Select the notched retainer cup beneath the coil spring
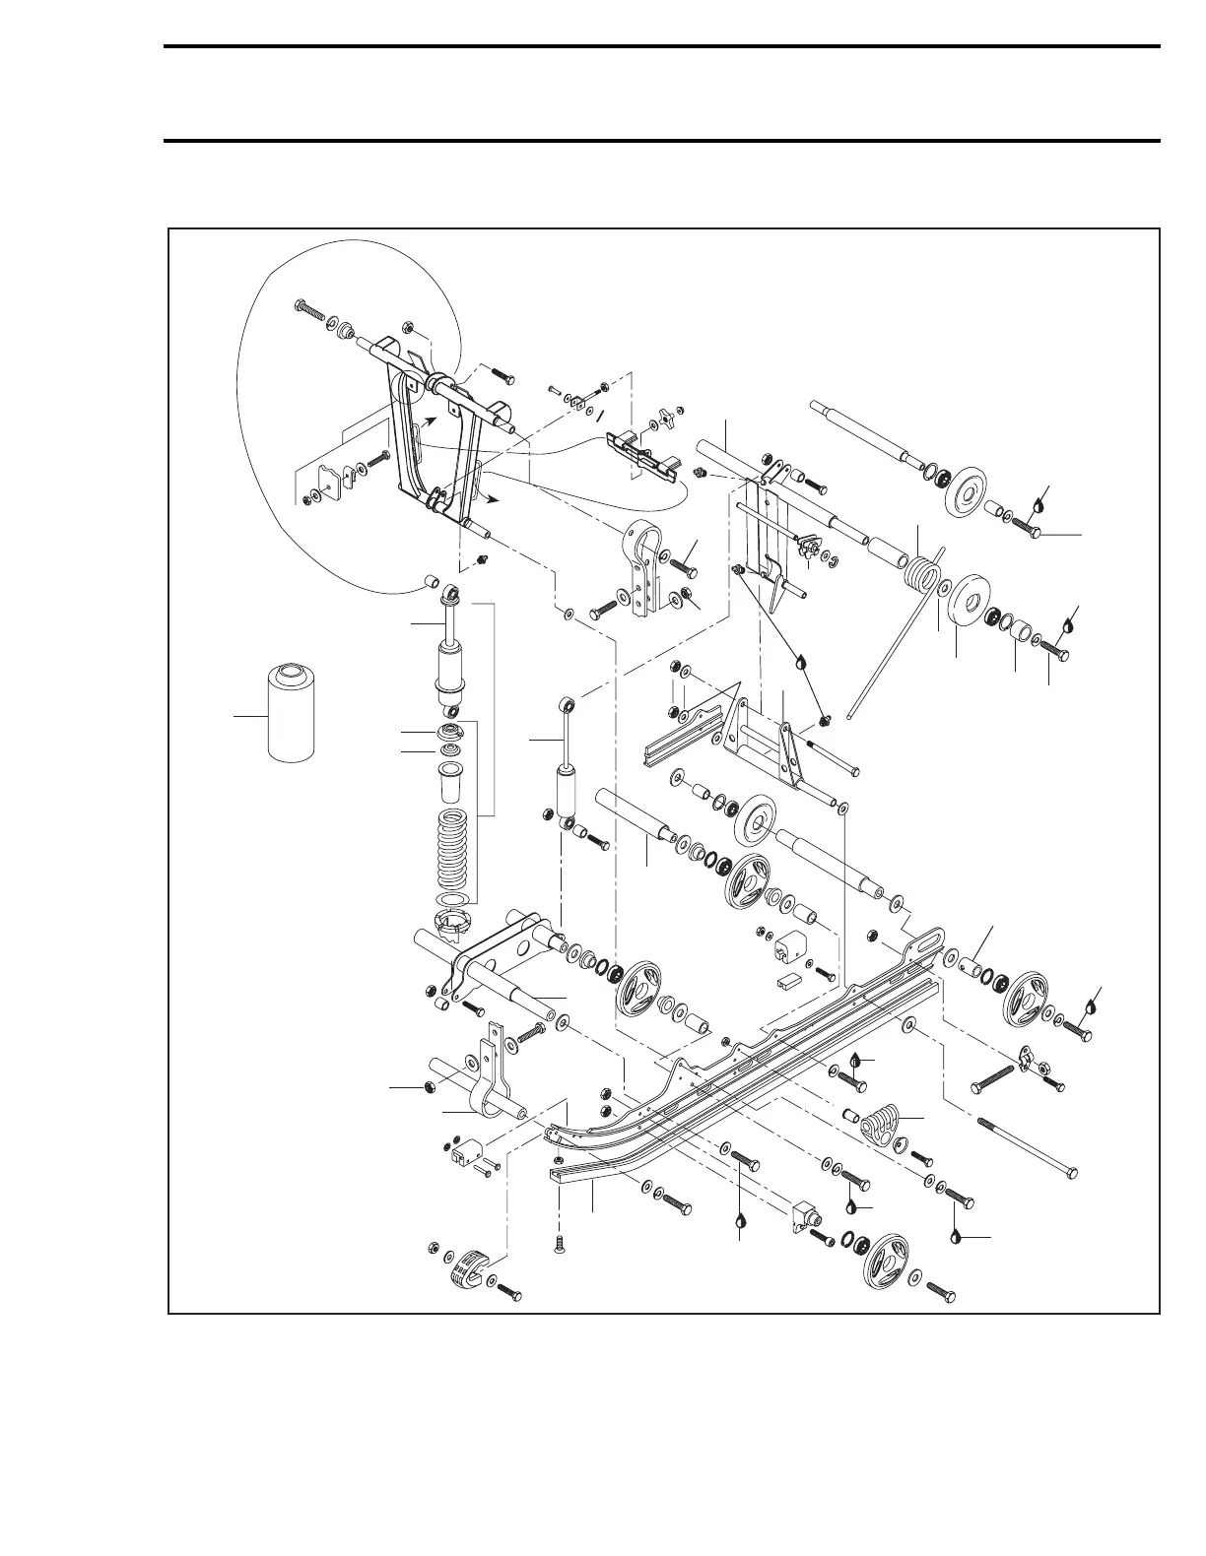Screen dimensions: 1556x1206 click(x=453, y=927)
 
